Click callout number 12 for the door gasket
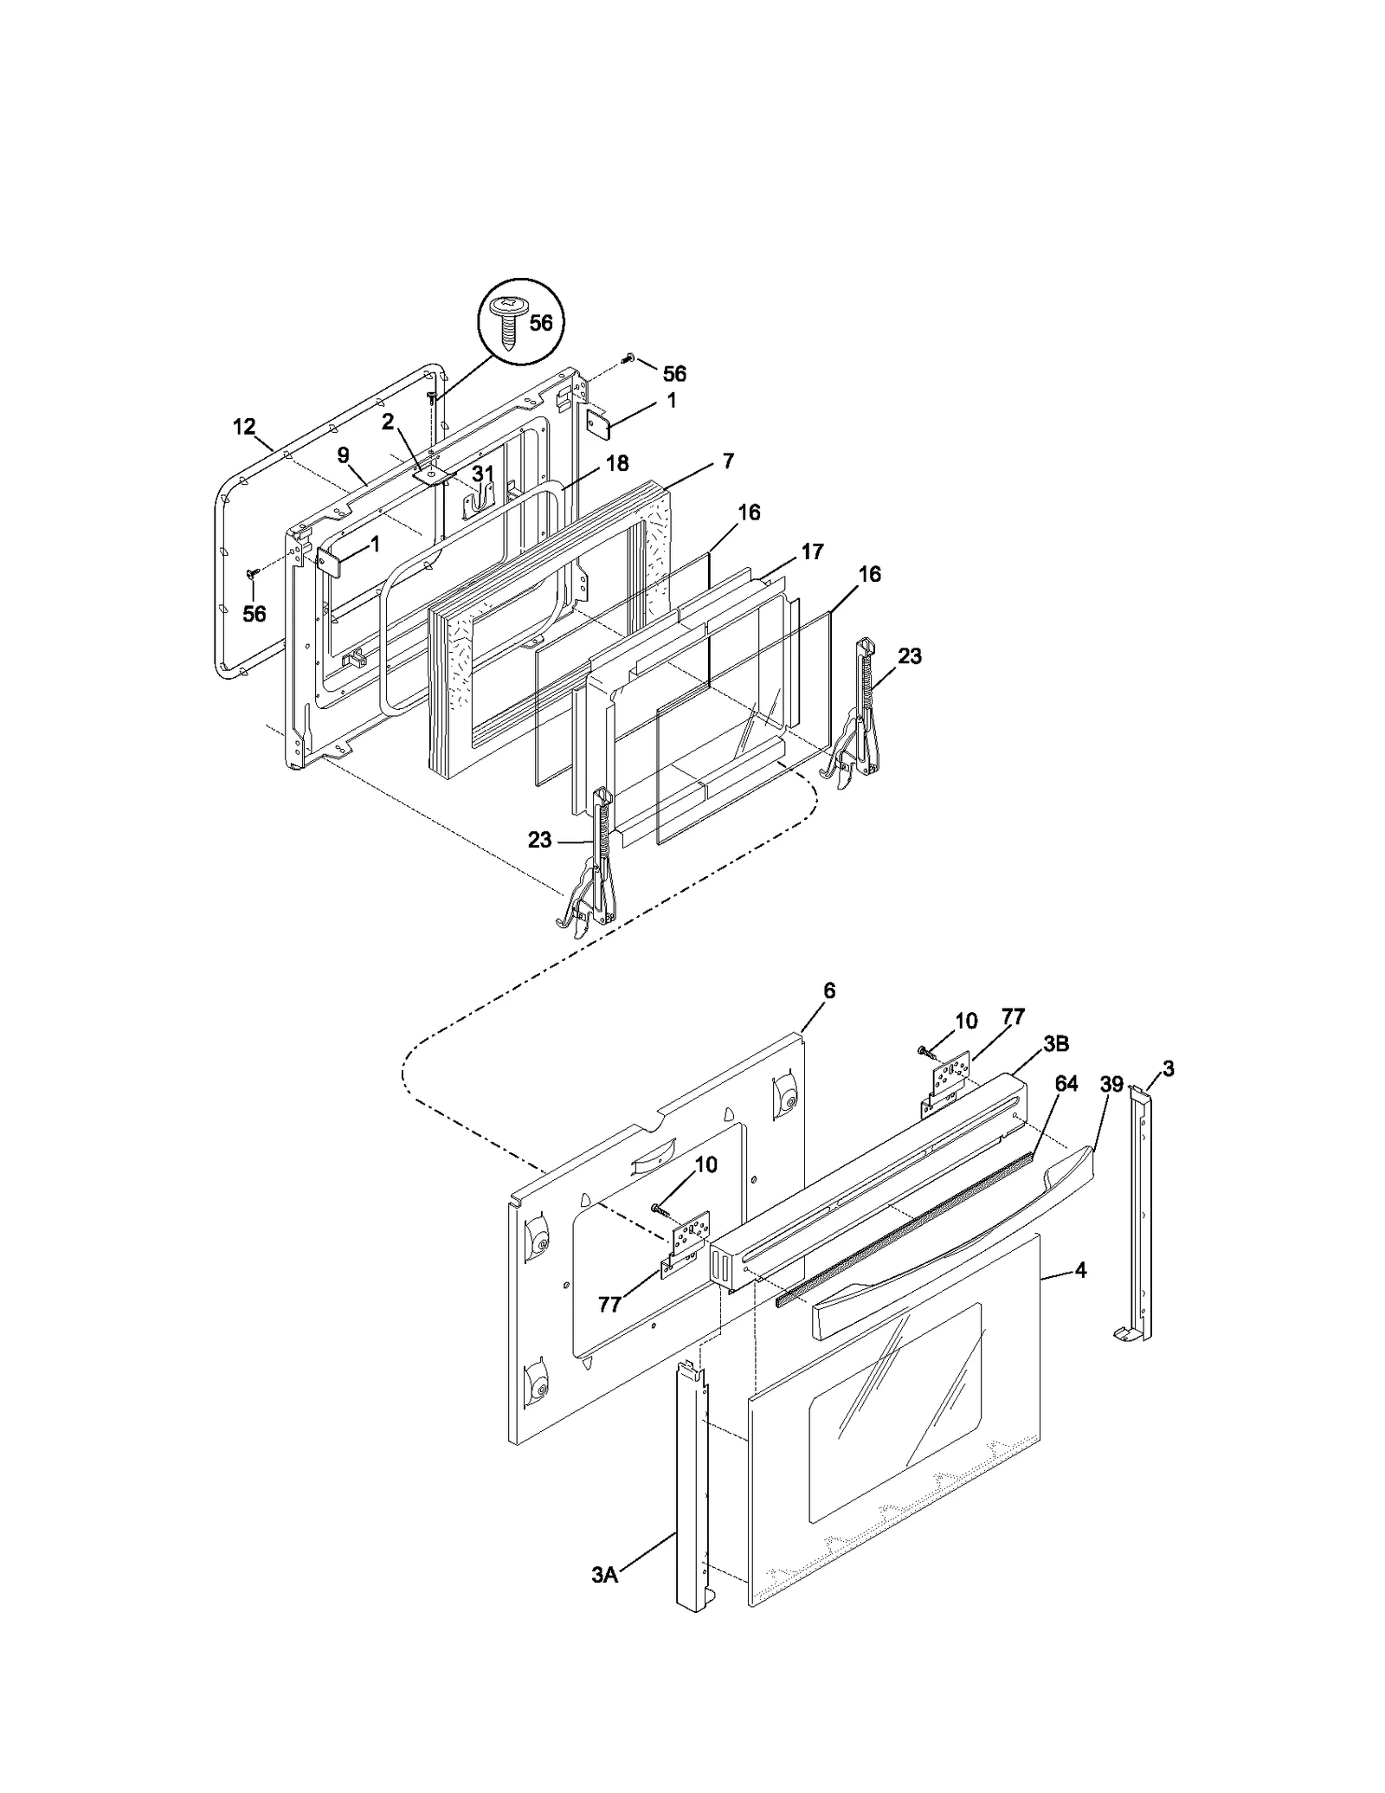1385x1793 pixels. (244, 427)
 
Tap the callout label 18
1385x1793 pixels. (617, 463)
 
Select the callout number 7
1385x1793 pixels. (728, 461)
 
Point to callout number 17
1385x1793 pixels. (812, 551)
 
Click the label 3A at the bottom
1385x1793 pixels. (604, 1599)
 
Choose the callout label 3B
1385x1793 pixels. (1055, 1044)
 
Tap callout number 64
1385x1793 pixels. (1066, 1084)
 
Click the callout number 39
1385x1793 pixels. (1111, 1084)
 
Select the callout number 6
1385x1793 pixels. (829, 990)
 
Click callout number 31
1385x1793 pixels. (482, 474)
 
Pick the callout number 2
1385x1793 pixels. (388, 422)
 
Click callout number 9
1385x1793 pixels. (344, 455)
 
